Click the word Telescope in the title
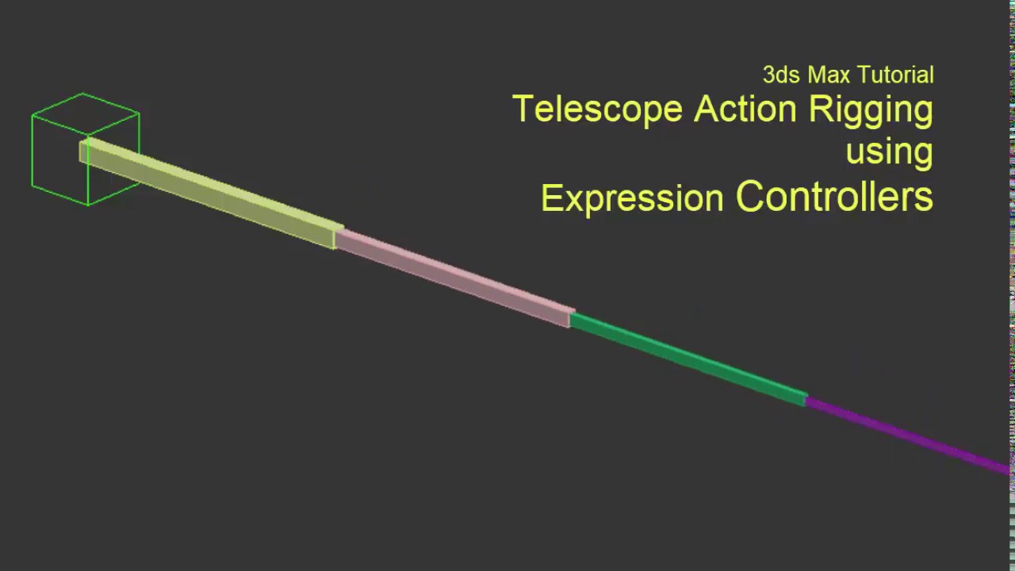(597, 109)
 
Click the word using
(889, 151)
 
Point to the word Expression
(632, 198)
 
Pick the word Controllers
(834, 197)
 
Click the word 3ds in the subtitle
(781, 75)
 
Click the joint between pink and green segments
(570, 318)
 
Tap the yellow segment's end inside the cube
(84, 151)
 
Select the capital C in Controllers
(751, 197)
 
